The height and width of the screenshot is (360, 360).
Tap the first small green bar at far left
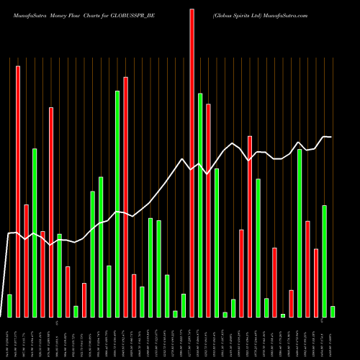coord(9,305)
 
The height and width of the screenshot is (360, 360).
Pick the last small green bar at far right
coord(333,311)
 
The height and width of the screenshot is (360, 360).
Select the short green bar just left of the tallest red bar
coord(184,305)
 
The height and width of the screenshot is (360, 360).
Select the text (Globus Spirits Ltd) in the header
coord(237,14)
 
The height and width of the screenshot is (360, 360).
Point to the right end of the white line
coord(331,137)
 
